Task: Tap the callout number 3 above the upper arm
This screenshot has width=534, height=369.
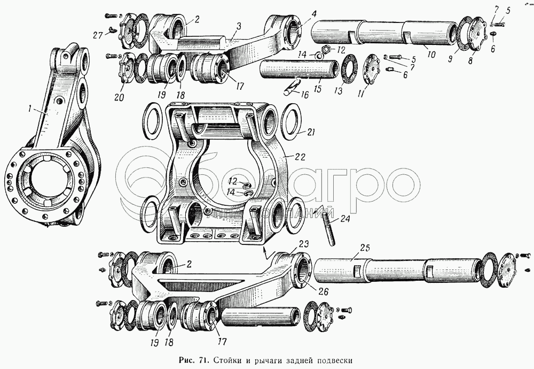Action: (238, 25)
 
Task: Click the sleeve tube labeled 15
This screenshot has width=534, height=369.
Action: (299, 69)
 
